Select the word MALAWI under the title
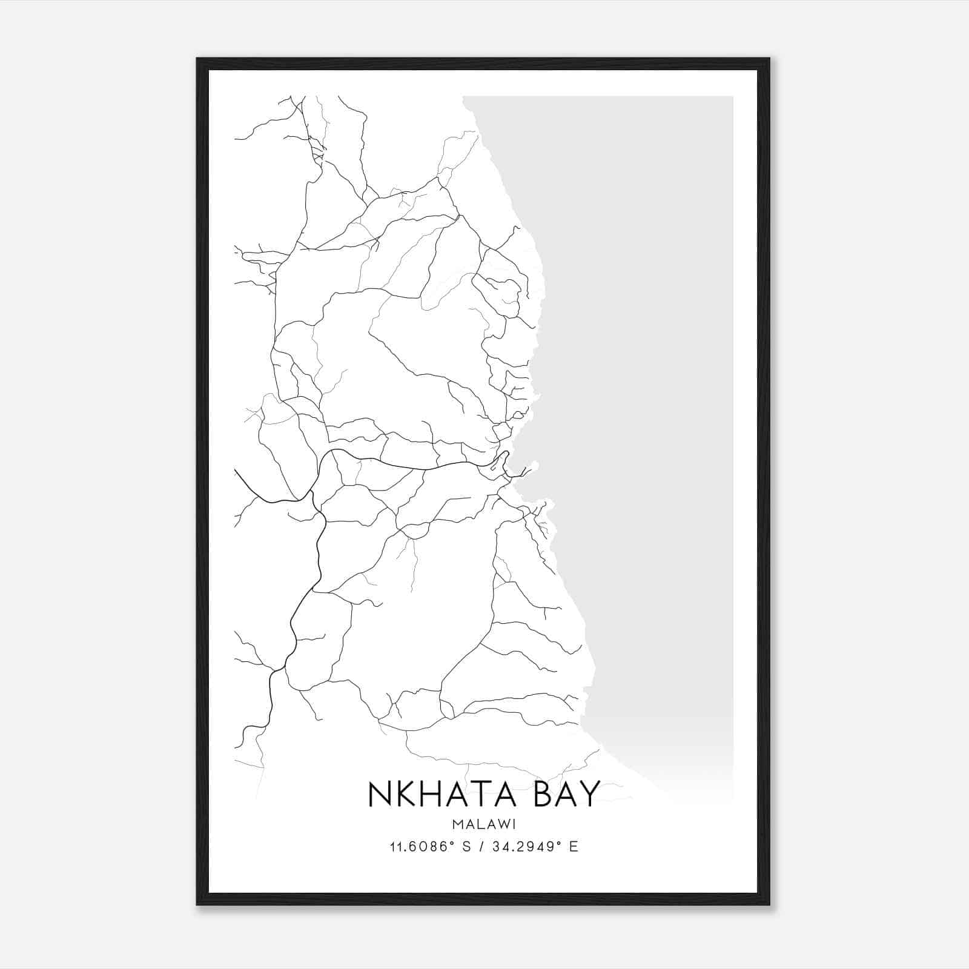[484, 825]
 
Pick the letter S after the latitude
[466, 847]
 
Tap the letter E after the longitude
[574, 847]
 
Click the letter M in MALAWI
[455, 825]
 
